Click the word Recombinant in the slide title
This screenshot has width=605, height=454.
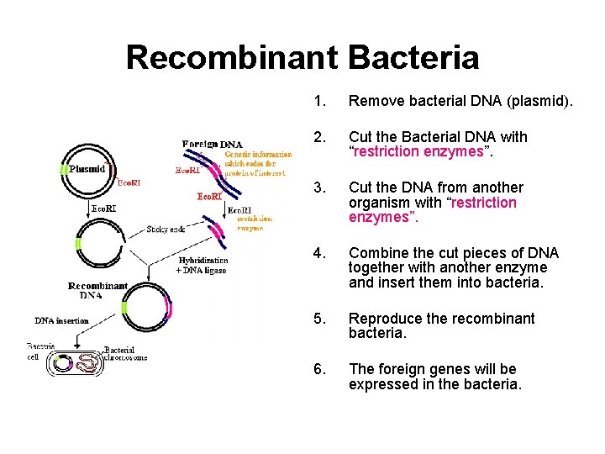[229, 57]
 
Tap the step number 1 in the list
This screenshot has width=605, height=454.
[318, 102]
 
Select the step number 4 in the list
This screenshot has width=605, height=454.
[318, 253]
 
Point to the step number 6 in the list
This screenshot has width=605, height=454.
[318, 369]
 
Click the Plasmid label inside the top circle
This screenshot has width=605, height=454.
[87, 168]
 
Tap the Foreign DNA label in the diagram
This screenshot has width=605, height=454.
[213, 144]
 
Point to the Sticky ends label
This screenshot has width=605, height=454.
[166, 230]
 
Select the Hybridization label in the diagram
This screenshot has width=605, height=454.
[203, 261]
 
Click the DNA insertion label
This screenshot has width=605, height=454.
[61, 320]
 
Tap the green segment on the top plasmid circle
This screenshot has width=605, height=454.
[62, 169]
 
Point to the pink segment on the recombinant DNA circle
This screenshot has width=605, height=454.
[169, 309]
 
